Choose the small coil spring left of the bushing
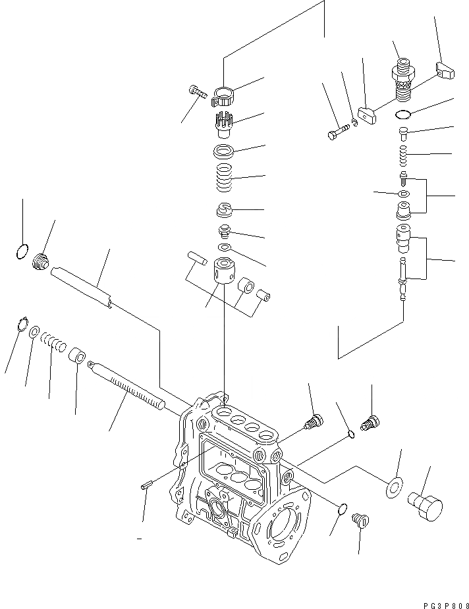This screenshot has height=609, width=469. click(x=53, y=342)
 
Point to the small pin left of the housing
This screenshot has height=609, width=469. click(x=148, y=487)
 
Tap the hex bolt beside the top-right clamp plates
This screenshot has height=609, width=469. click(x=337, y=134)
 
